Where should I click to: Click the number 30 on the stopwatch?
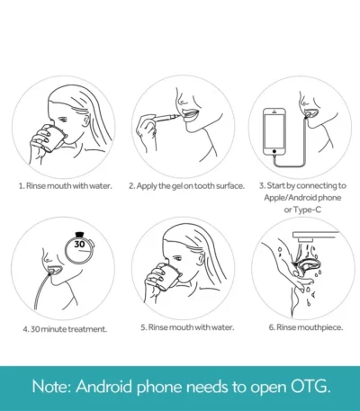click(x=79, y=245)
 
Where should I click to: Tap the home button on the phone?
click(x=274, y=151)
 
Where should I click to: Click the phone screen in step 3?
click(x=274, y=130)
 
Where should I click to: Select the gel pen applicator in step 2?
click(x=166, y=117)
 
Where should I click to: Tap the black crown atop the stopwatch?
click(x=79, y=234)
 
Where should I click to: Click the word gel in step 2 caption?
click(x=177, y=186)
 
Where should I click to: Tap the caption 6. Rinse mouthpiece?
click(x=306, y=327)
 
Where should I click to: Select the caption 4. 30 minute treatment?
click(x=65, y=329)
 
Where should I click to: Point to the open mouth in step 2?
click(x=191, y=115)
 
